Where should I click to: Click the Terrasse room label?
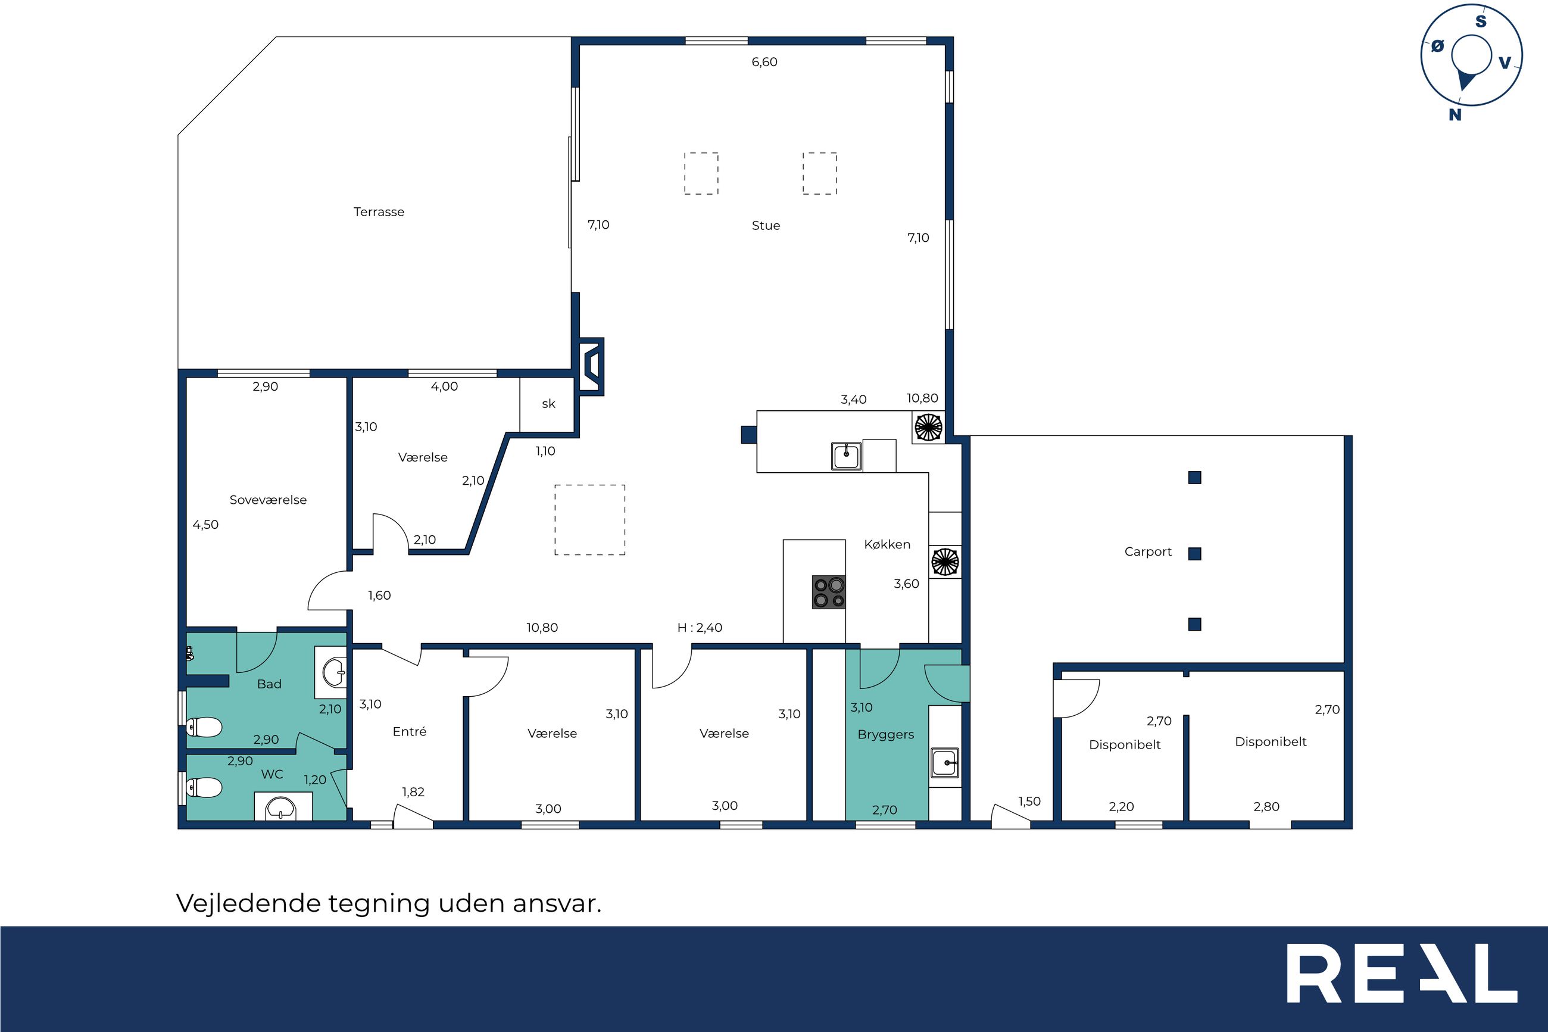pyautogui.click(x=379, y=212)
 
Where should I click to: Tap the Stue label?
pyautogui.click(x=766, y=226)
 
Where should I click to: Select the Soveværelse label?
pyautogui.click(x=268, y=500)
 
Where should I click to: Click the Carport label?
pyautogui.click(x=1148, y=552)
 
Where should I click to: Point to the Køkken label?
pyautogui.click(x=887, y=544)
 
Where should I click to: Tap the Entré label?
pyautogui.click(x=409, y=731)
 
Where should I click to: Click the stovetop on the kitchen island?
pyautogui.click(x=829, y=593)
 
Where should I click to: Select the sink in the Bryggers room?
pyautogui.click(x=945, y=763)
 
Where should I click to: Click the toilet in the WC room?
pyautogui.click(x=204, y=787)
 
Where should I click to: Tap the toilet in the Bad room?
pyautogui.click(x=204, y=727)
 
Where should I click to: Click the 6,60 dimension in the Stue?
pyautogui.click(x=764, y=63)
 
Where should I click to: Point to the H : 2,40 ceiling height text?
pyautogui.click(x=700, y=628)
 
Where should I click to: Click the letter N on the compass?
pyautogui.click(x=1455, y=115)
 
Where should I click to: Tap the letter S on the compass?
pyautogui.click(x=1481, y=21)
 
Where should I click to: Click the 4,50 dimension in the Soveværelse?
pyautogui.click(x=205, y=525)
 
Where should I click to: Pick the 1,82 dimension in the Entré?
pyautogui.click(x=413, y=793)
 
